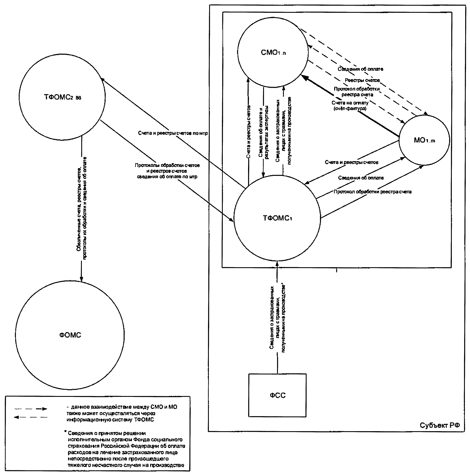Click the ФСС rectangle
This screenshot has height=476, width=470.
(277, 395)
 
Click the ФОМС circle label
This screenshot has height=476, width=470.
(70, 335)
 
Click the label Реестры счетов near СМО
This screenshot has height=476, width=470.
(362, 80)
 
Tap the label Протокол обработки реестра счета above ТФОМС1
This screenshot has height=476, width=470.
(373, 192)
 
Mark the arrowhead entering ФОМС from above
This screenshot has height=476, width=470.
(82, 279)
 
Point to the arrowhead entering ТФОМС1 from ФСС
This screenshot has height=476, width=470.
(277, 264)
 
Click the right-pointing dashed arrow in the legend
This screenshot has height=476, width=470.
(30, 409)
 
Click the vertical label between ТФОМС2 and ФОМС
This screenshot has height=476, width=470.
(84, 208)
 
